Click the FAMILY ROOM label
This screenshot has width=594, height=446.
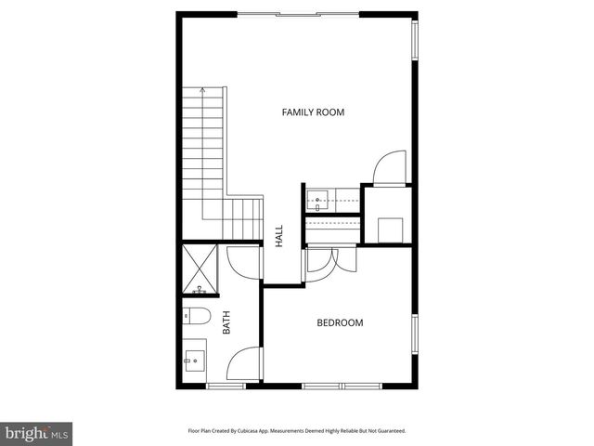coord(313,112)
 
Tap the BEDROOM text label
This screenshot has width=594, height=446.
coord(340,323)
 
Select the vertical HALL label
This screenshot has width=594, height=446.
coord(278,235)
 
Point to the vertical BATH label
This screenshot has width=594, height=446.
coord(226,322)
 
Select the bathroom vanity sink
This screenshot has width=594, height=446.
coord(195,357)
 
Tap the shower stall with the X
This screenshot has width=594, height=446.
coord(199,267)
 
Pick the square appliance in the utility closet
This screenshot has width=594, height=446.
coord(390,229)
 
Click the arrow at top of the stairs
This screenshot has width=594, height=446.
coord(202,90)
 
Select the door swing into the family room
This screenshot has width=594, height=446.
coord(388,168)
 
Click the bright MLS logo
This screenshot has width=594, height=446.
coord(37,434)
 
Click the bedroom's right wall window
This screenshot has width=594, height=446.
coord(415,334)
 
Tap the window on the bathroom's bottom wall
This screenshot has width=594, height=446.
coord(226,386)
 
